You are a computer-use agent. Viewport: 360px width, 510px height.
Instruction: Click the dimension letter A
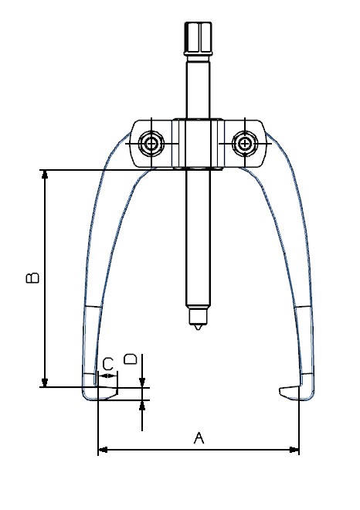198,438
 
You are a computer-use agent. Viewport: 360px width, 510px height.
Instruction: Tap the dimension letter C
108,362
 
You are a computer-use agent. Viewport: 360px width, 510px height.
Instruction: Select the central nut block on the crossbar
198,144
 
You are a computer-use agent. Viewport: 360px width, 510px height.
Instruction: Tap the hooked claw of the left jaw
104,393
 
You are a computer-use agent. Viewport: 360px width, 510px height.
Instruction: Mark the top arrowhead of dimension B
46,175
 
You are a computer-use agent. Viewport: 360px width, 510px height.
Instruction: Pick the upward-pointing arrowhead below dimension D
143,405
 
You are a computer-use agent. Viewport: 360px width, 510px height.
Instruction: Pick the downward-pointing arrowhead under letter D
143,382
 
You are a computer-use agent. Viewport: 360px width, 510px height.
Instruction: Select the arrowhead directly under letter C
112,376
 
